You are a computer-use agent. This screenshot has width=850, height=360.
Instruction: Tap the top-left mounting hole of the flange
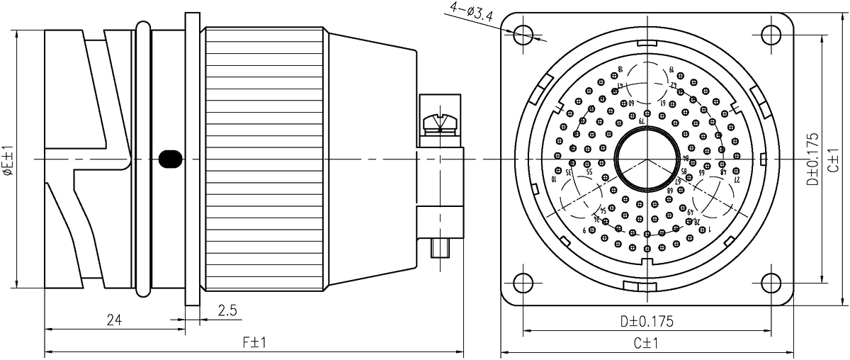(x=523, y=34)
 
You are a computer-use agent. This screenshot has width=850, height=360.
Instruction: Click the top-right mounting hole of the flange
(x=770, y=34)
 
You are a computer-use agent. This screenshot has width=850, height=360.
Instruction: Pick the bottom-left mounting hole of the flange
(x=523, y=283)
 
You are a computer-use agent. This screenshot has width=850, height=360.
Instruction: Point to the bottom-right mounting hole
(x=770, y=283)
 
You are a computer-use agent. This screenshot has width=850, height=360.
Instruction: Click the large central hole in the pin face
(x=647, y=159)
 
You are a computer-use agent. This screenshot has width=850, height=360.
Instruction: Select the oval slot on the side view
(x=169, y=159)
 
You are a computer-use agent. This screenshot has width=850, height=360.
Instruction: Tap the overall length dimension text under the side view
(x=253, y=344)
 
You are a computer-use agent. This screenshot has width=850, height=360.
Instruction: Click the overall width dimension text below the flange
(x=647, y=344)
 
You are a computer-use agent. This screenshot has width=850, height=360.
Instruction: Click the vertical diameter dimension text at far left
(x=9, y=159)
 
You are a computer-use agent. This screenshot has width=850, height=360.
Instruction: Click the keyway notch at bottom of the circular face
(x=647, y=285)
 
